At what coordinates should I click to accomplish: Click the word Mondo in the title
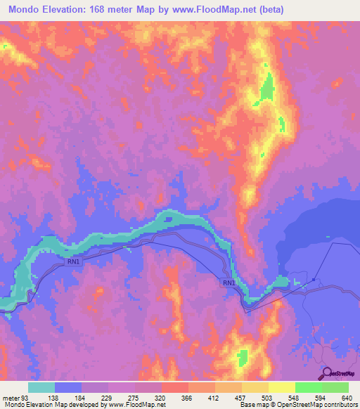tap(26, 11)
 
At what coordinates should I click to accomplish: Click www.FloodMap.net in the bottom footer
tap(134, 405)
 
